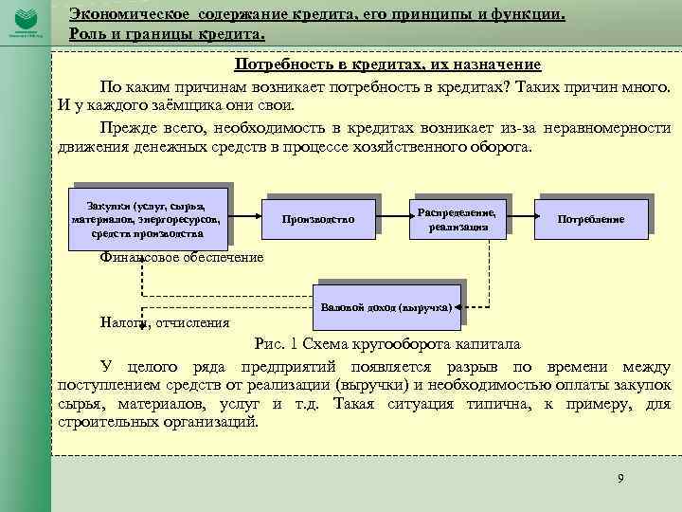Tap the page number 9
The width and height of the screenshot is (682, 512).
click(x=620, y=477)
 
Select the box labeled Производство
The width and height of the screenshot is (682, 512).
click(x=318, y=219)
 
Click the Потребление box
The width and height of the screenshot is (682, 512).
click(x=590, y=219)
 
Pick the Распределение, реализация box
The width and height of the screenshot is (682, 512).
click(x=458, y=215)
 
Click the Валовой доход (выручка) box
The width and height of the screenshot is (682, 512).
click(x=390, y=307)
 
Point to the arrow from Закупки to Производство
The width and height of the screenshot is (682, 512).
click(x=247, y=217)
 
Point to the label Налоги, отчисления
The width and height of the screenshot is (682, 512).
click(x=165, y=322)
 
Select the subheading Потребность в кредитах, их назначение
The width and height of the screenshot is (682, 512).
click(x=388, y=64)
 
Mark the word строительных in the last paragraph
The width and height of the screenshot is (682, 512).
click(x=106, y=422)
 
